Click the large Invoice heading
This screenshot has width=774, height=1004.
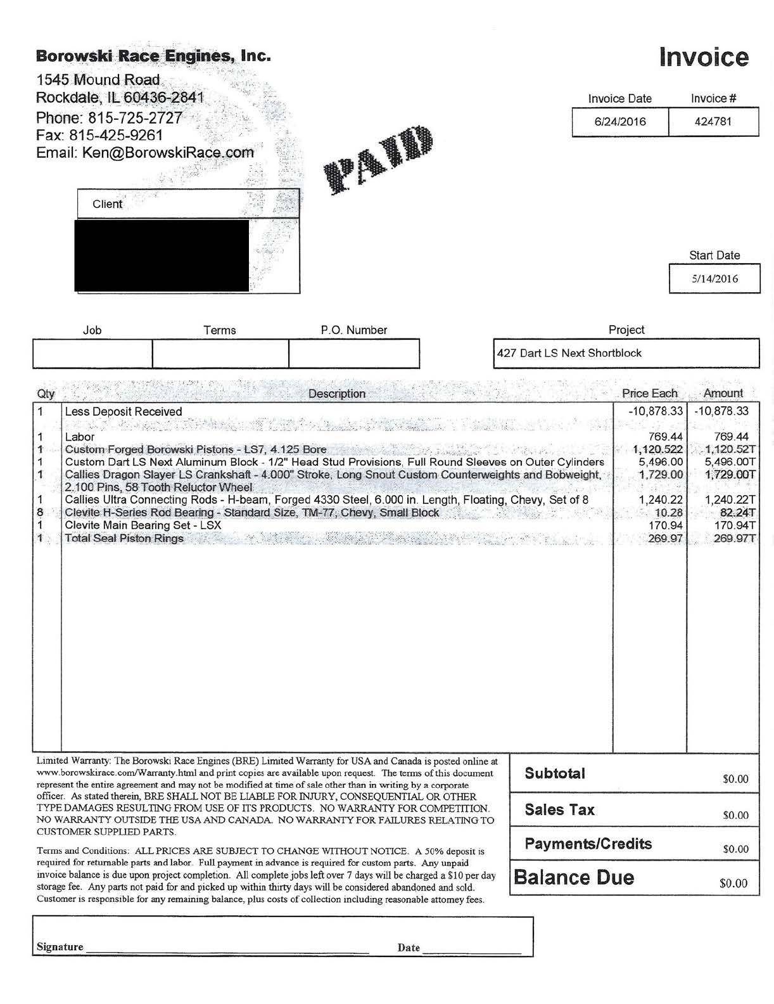[x=704, y=57]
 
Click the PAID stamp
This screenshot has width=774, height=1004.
[x=380, y=159]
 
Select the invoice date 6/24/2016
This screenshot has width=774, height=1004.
[x=619, y=122]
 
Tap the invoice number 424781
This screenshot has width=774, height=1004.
[x=713, y=122]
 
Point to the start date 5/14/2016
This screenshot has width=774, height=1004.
[x=714, y=278]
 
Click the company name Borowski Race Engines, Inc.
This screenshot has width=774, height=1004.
[x=153, y=56]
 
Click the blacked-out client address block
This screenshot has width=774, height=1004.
[x=162, y=255]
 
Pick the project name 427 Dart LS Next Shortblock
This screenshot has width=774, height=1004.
[x=569, y=353]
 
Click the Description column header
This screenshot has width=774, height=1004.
[x=336, y=394]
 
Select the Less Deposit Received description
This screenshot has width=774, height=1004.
[x=123, y=411]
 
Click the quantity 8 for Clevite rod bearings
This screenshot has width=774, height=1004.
[x=41, y=512]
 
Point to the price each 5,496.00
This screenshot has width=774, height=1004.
[x=661, y=462]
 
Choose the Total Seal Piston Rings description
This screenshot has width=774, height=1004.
[x=124, y=538]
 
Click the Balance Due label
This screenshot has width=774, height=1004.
[x=573, y=877]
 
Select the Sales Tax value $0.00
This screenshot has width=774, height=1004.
[x=735, y=815]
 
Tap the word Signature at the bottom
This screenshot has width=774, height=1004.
[x=60, y=947]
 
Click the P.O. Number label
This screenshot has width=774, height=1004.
[x=353, y=330]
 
